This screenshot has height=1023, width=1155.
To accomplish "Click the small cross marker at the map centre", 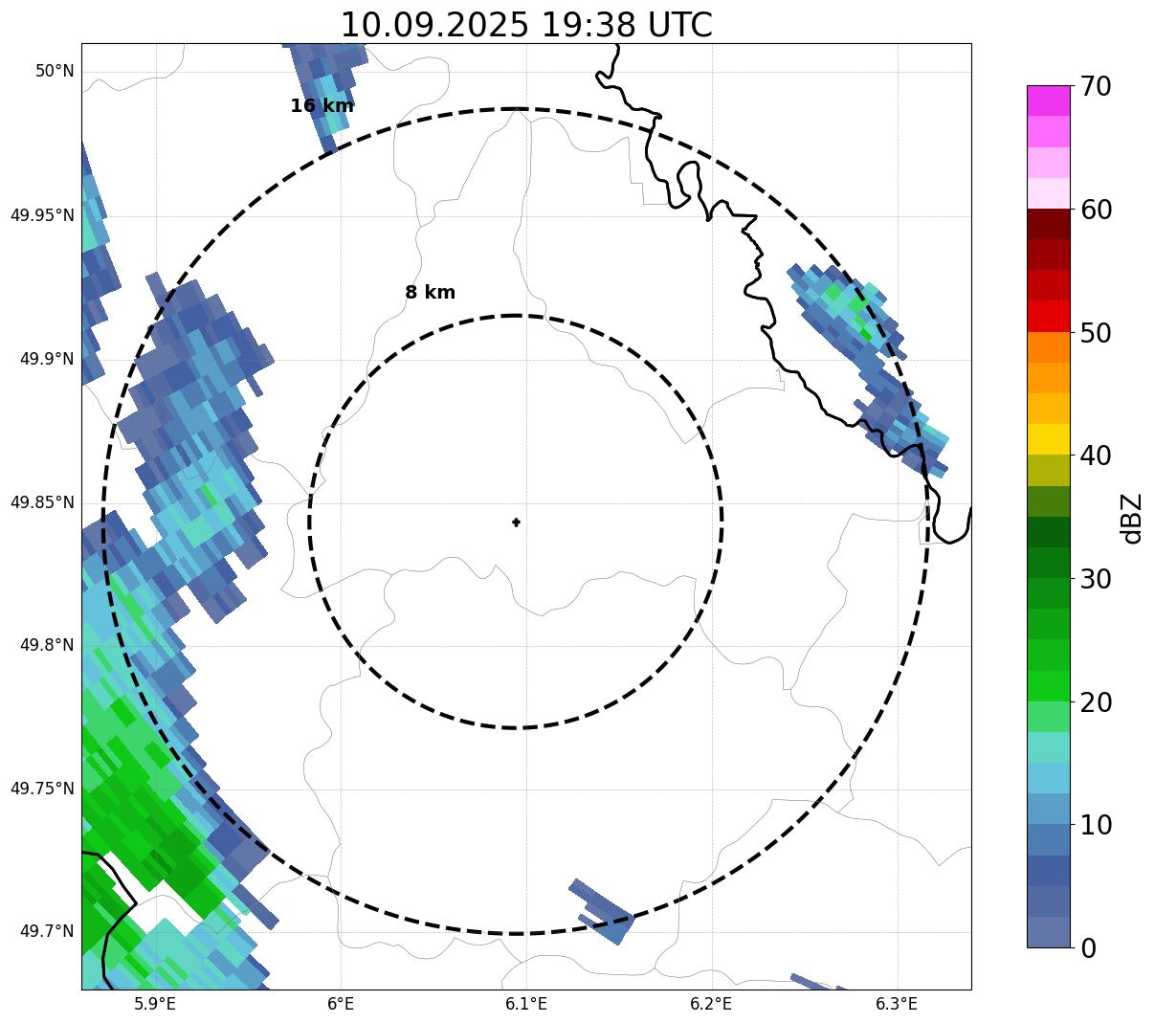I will point(517,522).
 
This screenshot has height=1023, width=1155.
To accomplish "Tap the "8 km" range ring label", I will point(430,293).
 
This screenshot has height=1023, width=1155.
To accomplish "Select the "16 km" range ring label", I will point(322,106).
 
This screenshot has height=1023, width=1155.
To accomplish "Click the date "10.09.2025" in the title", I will point(433,25).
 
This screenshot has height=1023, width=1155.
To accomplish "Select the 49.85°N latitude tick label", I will point(42,502).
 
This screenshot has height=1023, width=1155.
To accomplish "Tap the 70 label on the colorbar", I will point(1096,87).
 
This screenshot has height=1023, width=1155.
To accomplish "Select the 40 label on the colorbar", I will point(1096,456).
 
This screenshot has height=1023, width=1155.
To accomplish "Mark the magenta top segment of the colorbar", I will point(1048,100).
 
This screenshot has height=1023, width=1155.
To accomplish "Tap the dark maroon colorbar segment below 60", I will point(1048,224).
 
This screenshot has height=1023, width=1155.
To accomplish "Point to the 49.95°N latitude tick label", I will point(42,215).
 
